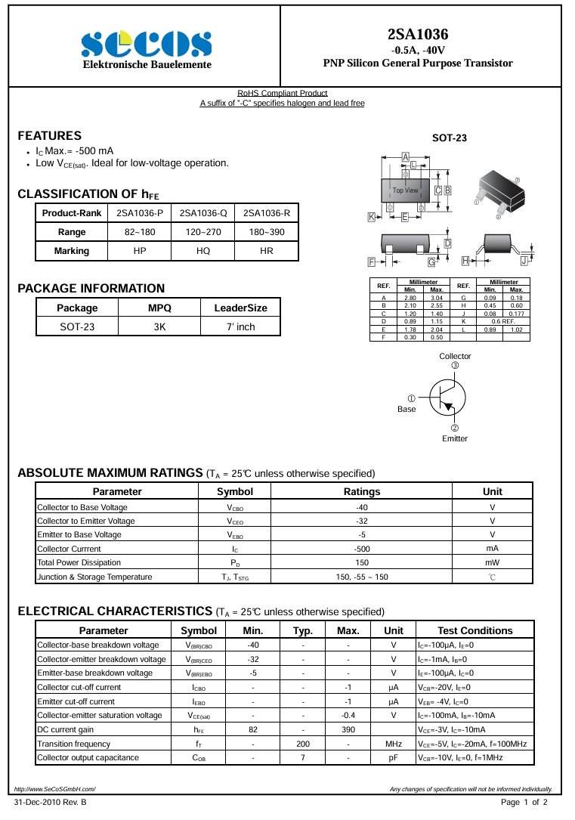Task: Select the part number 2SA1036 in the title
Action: [x=418, y=34]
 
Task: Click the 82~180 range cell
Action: [x=140, y=231]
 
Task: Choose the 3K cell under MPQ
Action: [x=159, y=326]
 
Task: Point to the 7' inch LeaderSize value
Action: [x=241, y=326]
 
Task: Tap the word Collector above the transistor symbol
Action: [x=455, y=356]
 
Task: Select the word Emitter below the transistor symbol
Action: [x=455, y=438]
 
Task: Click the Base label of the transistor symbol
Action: [x=407, y=409]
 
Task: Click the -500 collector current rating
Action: [x=362, y=549]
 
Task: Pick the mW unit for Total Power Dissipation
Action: [x=492, y=562]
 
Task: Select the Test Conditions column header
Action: [x=475, y=630]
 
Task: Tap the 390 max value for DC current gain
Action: [x=348, y=729]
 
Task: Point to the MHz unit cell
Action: [x=394, y=744]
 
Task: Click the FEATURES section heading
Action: [x=50, y=136]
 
